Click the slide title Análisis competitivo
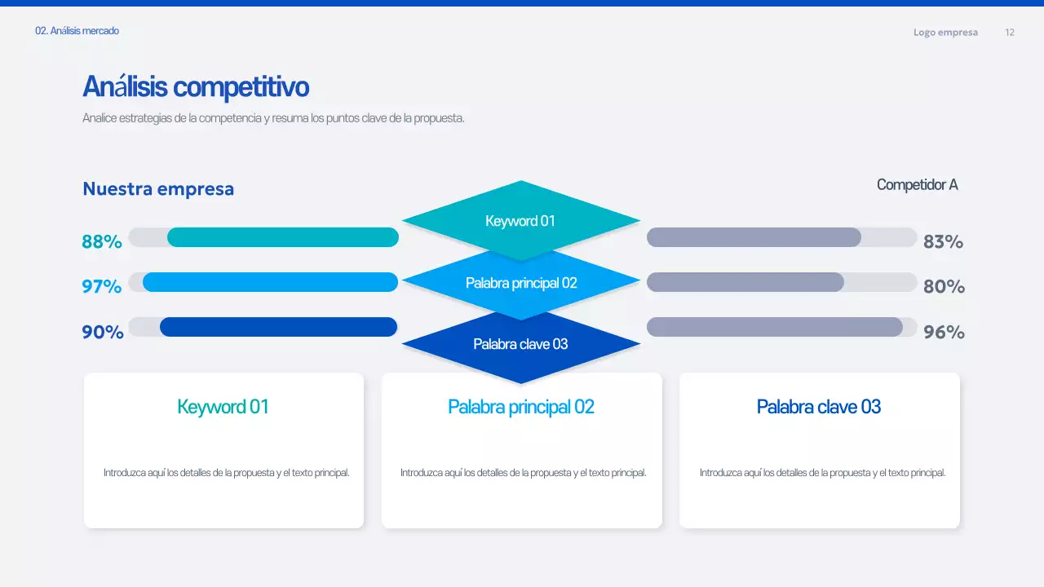click(x=196, y=86)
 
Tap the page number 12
click(x=1010, y=33)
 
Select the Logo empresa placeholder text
click(x=945, y=33)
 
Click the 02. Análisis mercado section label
click(x=77, y=31)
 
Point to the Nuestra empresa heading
click(x=158, y=189)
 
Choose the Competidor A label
click(x=917, y=185)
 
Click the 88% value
click(x=102, y=241)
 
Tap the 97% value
click(x=102, y=286)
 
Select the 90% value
click(x=103, y=332)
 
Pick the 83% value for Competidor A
click(x=943, y=241)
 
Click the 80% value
click(x=944, y=286)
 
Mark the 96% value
click(x=944, y=332)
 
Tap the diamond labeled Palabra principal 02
click(x=521, y=283)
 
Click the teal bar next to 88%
click(x=282, y=237)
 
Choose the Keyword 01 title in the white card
click(x=223, y=407)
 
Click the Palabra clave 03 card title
click(x=819, y=407)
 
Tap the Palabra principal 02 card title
click(x=521, y=407)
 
